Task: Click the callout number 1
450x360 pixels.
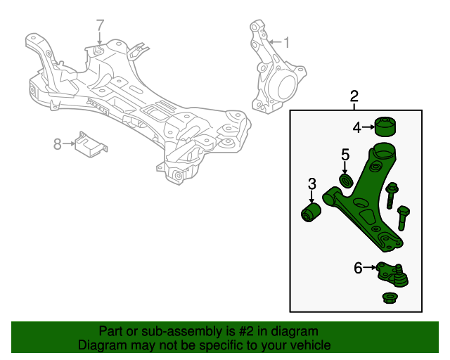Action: click(x=286, y=41)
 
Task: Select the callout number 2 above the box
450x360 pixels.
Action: click(x=354, y=96)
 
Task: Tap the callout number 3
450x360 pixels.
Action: click(x=311, y=184)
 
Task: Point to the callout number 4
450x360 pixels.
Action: click(x=357, y=127)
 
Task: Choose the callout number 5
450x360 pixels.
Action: click(x=345, y=154)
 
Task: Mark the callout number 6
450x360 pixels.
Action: click(x=358, y=267)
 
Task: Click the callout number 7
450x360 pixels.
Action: click(x=100, y=25)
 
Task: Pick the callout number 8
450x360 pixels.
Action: click(x=58, y=144)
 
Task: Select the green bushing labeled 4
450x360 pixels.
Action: click(x=385, y=127)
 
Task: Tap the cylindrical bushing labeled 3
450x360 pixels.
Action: click(x=310, y=212)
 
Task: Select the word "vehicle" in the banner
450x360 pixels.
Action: click(x=308, y=345)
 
